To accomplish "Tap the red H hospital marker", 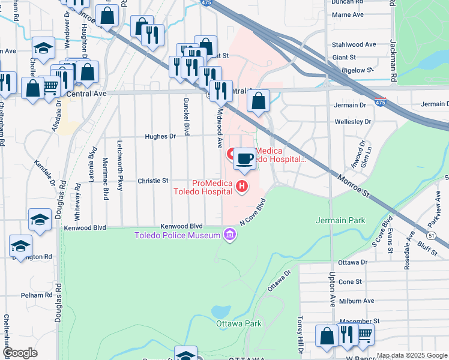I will pyautogui.click(x=242, y=187).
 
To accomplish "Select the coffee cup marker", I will pyautogui.click(x=244, y=159).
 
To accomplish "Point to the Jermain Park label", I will pyautogui.click(x=340, y=220).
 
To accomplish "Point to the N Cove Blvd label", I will pyautogui.click(x=253, y=210).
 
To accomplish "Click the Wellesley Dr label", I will pyautogui.click(x=352, y=122).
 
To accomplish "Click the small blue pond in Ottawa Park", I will pyautogui.click(x=220, y=311).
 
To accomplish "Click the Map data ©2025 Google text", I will pyautogui.click(x=412, y=355).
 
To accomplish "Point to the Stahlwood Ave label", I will pyautogui.click(x=354, y=44).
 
